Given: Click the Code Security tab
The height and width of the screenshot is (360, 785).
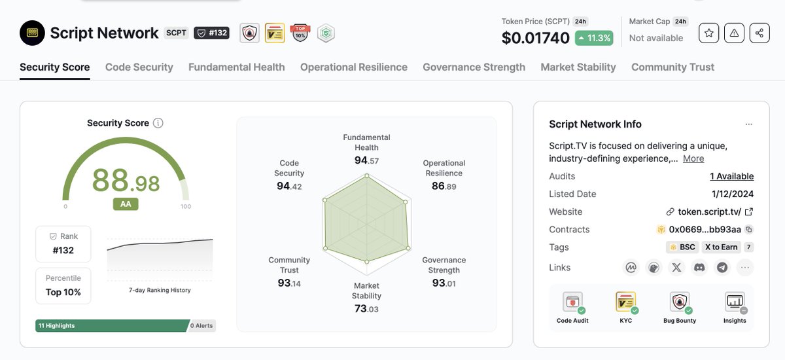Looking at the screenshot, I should pyautogui.click(x=139, y=67).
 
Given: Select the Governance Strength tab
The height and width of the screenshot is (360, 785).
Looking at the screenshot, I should pyautogui.click(x=474, y=67).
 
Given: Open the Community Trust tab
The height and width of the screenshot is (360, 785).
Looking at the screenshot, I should pyautogui.click(x=672, y=67).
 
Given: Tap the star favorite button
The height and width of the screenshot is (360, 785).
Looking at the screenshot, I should pyautogui.click(x=709, y=33).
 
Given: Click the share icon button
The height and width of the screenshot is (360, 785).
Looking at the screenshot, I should pyautogui.click(x=759, y=33).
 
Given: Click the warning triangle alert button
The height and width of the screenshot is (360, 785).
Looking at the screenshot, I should pyautogui.click(x=734, y=33).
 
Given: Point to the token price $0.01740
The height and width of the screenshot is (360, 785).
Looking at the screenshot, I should pyautogui.click(x=535, y=39).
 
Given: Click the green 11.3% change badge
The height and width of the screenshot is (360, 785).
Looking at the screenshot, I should pyautogui.click(x=593, y=39).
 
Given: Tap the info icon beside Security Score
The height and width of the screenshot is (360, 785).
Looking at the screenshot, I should pyautogui.click(x=158, y=123).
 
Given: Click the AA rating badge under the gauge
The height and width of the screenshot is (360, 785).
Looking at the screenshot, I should pyautogui.click(x=126, y=204).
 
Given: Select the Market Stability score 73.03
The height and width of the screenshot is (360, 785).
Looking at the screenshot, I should pyautogui.click(x=366, y=309).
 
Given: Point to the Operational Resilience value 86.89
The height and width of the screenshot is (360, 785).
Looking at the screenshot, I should pyautogui.click(x=444, y=187).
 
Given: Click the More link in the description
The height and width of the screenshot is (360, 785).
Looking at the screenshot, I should pyautogui.click(x=693, y=158).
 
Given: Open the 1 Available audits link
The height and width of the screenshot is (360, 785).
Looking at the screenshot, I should pyautogui.click(x=731, y=176).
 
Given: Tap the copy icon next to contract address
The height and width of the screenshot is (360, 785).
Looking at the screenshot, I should pyautogui.click(x=749, y=230).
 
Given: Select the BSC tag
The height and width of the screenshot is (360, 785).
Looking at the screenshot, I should pyautogui.click(x=682, y=247).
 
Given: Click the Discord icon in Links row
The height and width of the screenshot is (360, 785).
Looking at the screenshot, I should pyautogui.click(x=699, y=268).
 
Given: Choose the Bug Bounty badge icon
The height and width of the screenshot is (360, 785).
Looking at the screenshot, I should pyautogui.click(x=680, y=302).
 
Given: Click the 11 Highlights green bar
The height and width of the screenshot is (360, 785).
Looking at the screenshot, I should pyautogui.click(x=111, y=325).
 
